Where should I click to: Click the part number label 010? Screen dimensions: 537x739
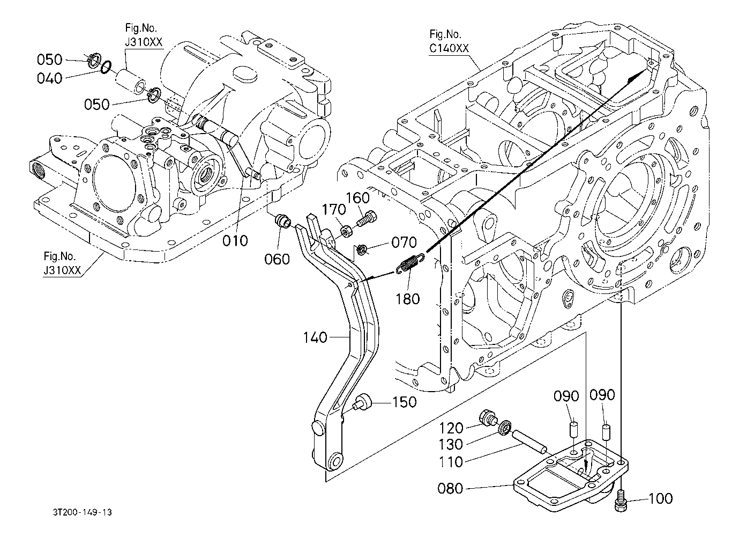236,240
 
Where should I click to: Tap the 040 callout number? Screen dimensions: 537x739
50,78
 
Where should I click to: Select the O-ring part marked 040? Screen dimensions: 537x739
106,67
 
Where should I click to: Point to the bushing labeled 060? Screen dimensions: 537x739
282,220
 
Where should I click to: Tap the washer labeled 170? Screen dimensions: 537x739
346,232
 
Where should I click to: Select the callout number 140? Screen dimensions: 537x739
315,337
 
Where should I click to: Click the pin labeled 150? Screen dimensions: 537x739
362,401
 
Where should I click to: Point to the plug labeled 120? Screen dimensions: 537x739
488,417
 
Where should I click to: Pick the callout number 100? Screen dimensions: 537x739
660,499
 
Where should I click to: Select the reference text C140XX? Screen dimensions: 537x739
449,48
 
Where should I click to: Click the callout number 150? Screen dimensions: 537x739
405,402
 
